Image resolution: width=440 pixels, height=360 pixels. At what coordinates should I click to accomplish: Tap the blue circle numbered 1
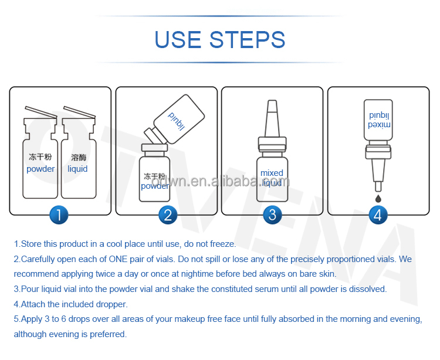[60, 215]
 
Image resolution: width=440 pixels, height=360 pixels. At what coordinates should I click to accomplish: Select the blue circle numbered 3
[272, 215]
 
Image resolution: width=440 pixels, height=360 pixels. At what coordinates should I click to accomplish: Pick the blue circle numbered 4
[377, 215]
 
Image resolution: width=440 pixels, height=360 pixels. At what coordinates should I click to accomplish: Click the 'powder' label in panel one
[40, 169]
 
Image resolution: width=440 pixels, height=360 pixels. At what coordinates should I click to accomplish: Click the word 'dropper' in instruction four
[110, 304]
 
